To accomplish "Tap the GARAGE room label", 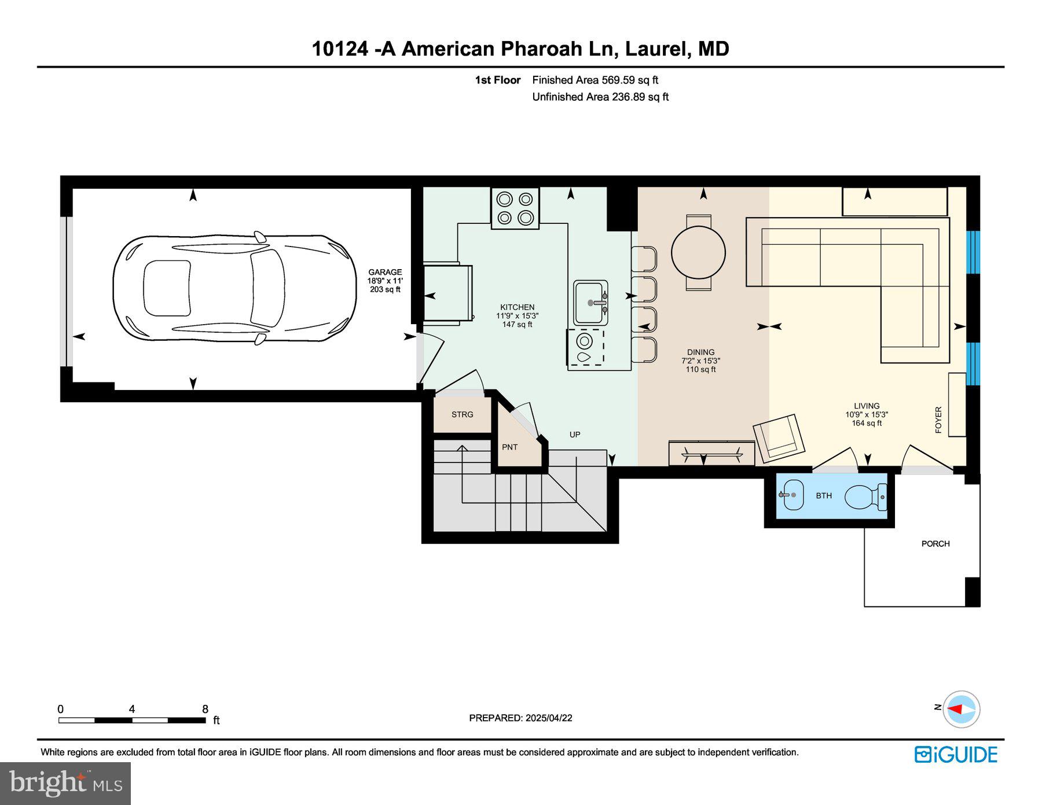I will (x=385, y=273).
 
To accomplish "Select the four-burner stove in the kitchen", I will (x=515, y=208).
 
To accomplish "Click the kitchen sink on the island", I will (x=590, y=303).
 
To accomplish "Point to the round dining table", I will (x=698, y=253).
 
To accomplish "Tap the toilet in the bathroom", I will (x=865, y=497).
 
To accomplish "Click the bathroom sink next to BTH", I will (x=791, y=495).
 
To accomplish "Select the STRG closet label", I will (x=462, y=414).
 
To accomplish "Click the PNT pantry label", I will (x=509, y=447).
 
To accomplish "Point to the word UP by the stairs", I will (x=574, y=435).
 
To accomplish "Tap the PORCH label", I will (x=935, y=543).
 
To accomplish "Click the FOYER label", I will (x=938, y=420).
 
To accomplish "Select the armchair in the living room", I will (x=779, y=438).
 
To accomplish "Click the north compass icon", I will (x=961, y=709).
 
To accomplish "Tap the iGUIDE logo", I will (x=956, y=755).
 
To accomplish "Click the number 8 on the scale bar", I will (x=205, y=709).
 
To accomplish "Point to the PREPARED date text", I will (x=520, y=718).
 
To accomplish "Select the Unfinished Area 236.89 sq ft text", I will (x=600, y=97).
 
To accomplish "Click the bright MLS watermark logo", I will (x=65, y=783).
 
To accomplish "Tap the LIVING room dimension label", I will (x=866, y=414).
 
